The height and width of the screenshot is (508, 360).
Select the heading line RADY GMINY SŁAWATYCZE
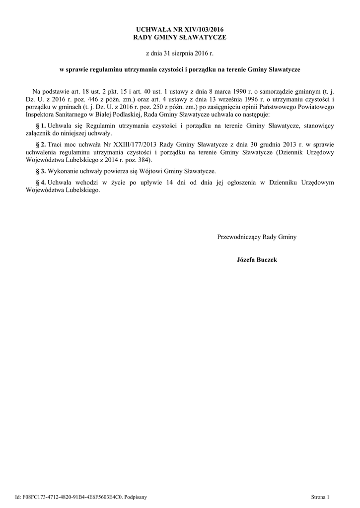[x=180, y=38]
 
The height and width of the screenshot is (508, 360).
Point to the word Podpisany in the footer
[x=135, y=496]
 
